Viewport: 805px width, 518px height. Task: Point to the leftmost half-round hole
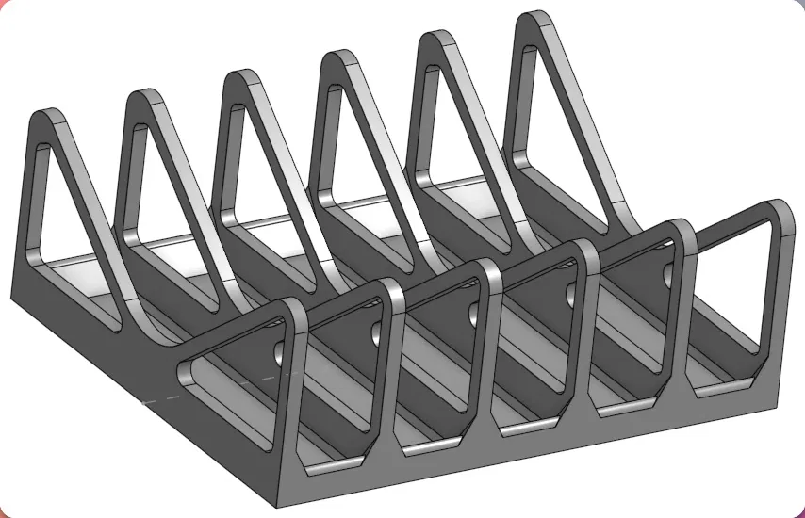[x=278, y=352]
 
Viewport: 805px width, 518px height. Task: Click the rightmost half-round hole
[x=669, y=273]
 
